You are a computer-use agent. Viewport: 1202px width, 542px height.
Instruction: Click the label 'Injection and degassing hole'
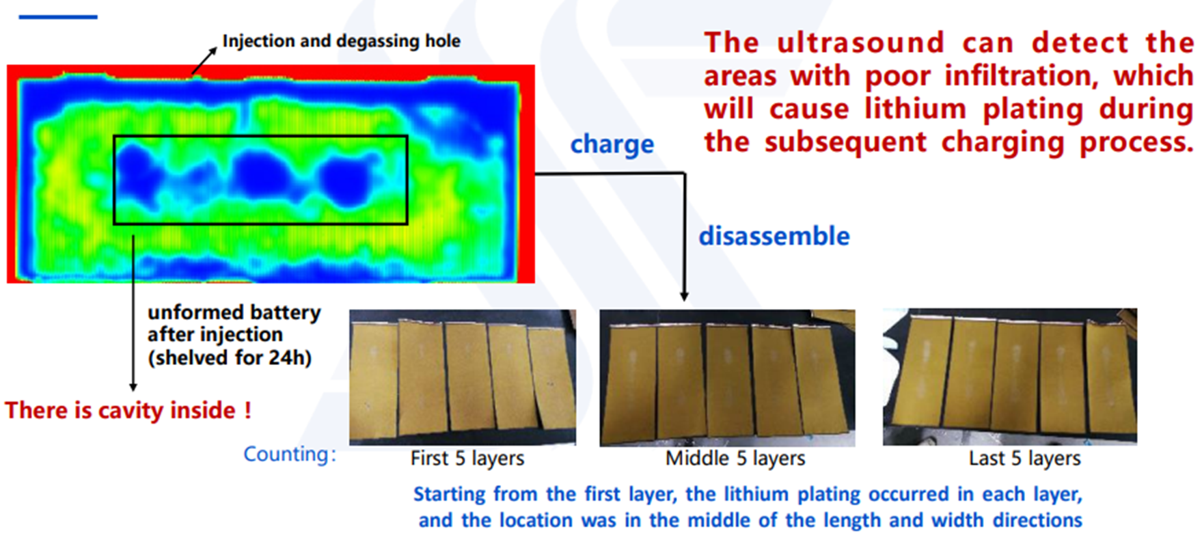[341, 41]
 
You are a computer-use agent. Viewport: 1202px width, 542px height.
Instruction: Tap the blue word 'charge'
[612, 144]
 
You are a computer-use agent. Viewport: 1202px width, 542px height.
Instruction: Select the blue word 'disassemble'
[774, 236]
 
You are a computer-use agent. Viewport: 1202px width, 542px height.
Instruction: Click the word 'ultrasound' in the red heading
[860, 43]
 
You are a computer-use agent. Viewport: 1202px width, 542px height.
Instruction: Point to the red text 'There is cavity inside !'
[128, 410]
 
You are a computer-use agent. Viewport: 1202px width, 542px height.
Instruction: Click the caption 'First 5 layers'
[467, 458]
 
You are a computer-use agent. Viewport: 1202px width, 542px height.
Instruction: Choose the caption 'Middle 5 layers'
[735, 458]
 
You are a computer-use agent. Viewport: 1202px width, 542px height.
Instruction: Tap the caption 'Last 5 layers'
[1024, 458]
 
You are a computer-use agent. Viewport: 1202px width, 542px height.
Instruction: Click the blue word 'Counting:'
[290, 454]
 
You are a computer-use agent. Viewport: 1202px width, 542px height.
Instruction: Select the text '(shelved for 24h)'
[230, 357]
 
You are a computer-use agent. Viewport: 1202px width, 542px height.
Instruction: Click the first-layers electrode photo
[463, 377]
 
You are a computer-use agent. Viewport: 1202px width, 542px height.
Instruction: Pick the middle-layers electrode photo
[727, 378]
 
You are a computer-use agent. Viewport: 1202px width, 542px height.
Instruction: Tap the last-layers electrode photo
[1010, 377]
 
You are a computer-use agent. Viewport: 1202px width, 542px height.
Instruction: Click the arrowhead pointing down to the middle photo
[684, 297]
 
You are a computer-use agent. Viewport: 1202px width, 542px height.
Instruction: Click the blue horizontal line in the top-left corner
[58, 16]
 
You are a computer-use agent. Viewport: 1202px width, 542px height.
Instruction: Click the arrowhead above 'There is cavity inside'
[133, 387]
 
